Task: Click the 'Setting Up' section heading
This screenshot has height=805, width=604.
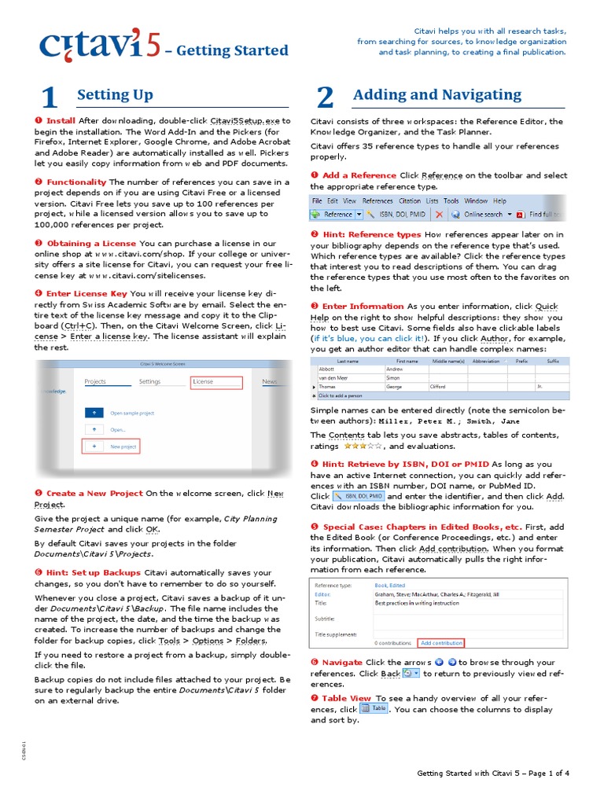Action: pos(115,95)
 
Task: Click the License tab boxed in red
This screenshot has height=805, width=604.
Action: pos(203,382)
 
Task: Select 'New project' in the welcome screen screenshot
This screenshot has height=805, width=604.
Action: pos(123,447)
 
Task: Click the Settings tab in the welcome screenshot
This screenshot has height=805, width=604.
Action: pos(149,382)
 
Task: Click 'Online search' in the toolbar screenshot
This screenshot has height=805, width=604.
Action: pos(483,214)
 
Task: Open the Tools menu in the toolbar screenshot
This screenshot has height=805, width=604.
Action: pos(451,201)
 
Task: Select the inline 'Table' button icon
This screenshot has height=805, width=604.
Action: pos(374,708)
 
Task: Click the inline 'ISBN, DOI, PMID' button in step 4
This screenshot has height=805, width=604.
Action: pos(359,497)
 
